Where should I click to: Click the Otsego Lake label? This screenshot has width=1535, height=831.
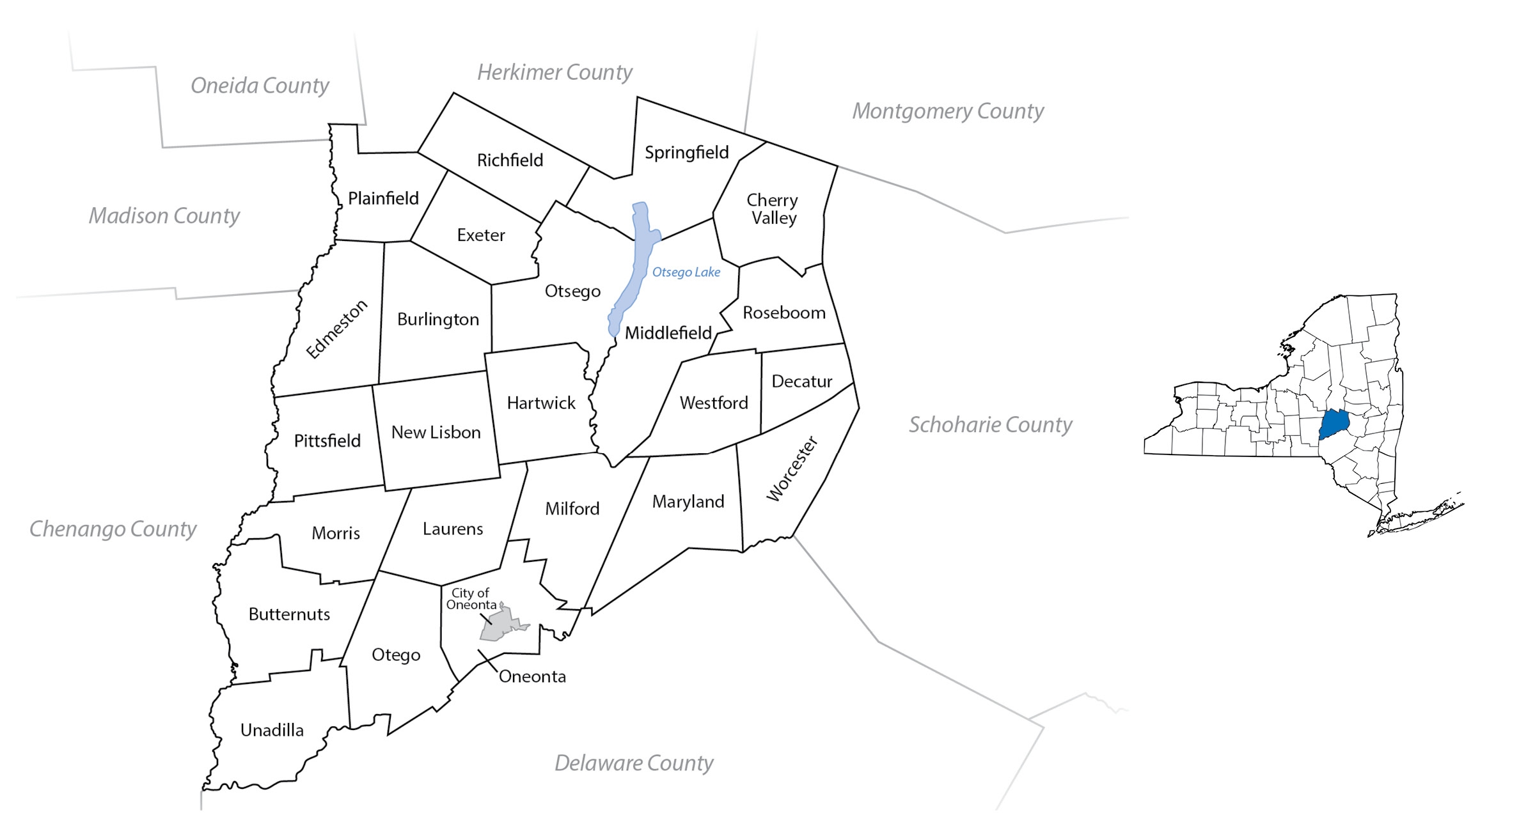tap(686, 272)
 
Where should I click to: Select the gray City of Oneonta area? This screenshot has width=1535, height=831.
tap(503, 625)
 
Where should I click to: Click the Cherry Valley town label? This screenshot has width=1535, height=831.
tap(773, 209)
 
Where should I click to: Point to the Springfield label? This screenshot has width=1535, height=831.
tap(686, 153)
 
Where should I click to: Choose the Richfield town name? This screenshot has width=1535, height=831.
tap(510, 160)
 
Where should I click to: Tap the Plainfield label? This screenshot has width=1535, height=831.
tap(383, 199)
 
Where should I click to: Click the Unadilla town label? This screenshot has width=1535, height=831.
tap(272, 730)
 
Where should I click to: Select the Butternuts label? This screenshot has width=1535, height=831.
tap(289, 614)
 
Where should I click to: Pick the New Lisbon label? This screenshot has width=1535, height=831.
tap(436, 433)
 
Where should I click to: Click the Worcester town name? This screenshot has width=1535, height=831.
tap(792, 469)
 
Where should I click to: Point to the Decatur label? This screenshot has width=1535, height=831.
tap(801, 382)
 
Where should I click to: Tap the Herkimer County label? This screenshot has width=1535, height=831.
tap(555, 72)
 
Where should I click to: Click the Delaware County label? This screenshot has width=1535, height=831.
tap(633, 763)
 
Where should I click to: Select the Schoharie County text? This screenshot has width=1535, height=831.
tap(990, 424)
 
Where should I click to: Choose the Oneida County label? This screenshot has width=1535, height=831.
tap(260, 85)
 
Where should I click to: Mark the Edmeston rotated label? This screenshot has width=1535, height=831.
tap(336, 329)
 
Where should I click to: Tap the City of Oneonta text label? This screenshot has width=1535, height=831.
tap(471, 599)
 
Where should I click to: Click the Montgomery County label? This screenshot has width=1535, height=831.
tap(947, 111)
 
